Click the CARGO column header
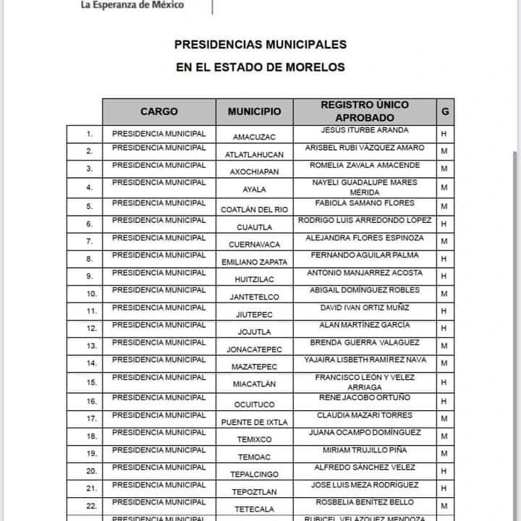coord(158,112)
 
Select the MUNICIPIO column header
coord(255,112)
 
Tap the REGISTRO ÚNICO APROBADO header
coord(365,111)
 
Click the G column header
coord(445,111)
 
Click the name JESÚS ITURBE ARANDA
coord(365,130)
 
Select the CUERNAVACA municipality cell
coord(254,245)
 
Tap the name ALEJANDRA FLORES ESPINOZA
coord(365,237)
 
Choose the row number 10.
coord(90,294)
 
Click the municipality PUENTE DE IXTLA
coord(254,422)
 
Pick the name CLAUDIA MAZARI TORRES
coord(365,415)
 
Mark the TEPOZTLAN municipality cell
coord(254,492)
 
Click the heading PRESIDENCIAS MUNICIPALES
coord(260,45)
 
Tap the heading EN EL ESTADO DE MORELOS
coord(260,67)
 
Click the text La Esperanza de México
coord(132,4)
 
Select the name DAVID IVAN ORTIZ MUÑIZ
coord(365,308)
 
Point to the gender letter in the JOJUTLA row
coord(444,329)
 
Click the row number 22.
coord(90,506)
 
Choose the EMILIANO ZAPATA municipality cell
coord(254,262)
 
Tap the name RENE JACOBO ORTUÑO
coord(365,397)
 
